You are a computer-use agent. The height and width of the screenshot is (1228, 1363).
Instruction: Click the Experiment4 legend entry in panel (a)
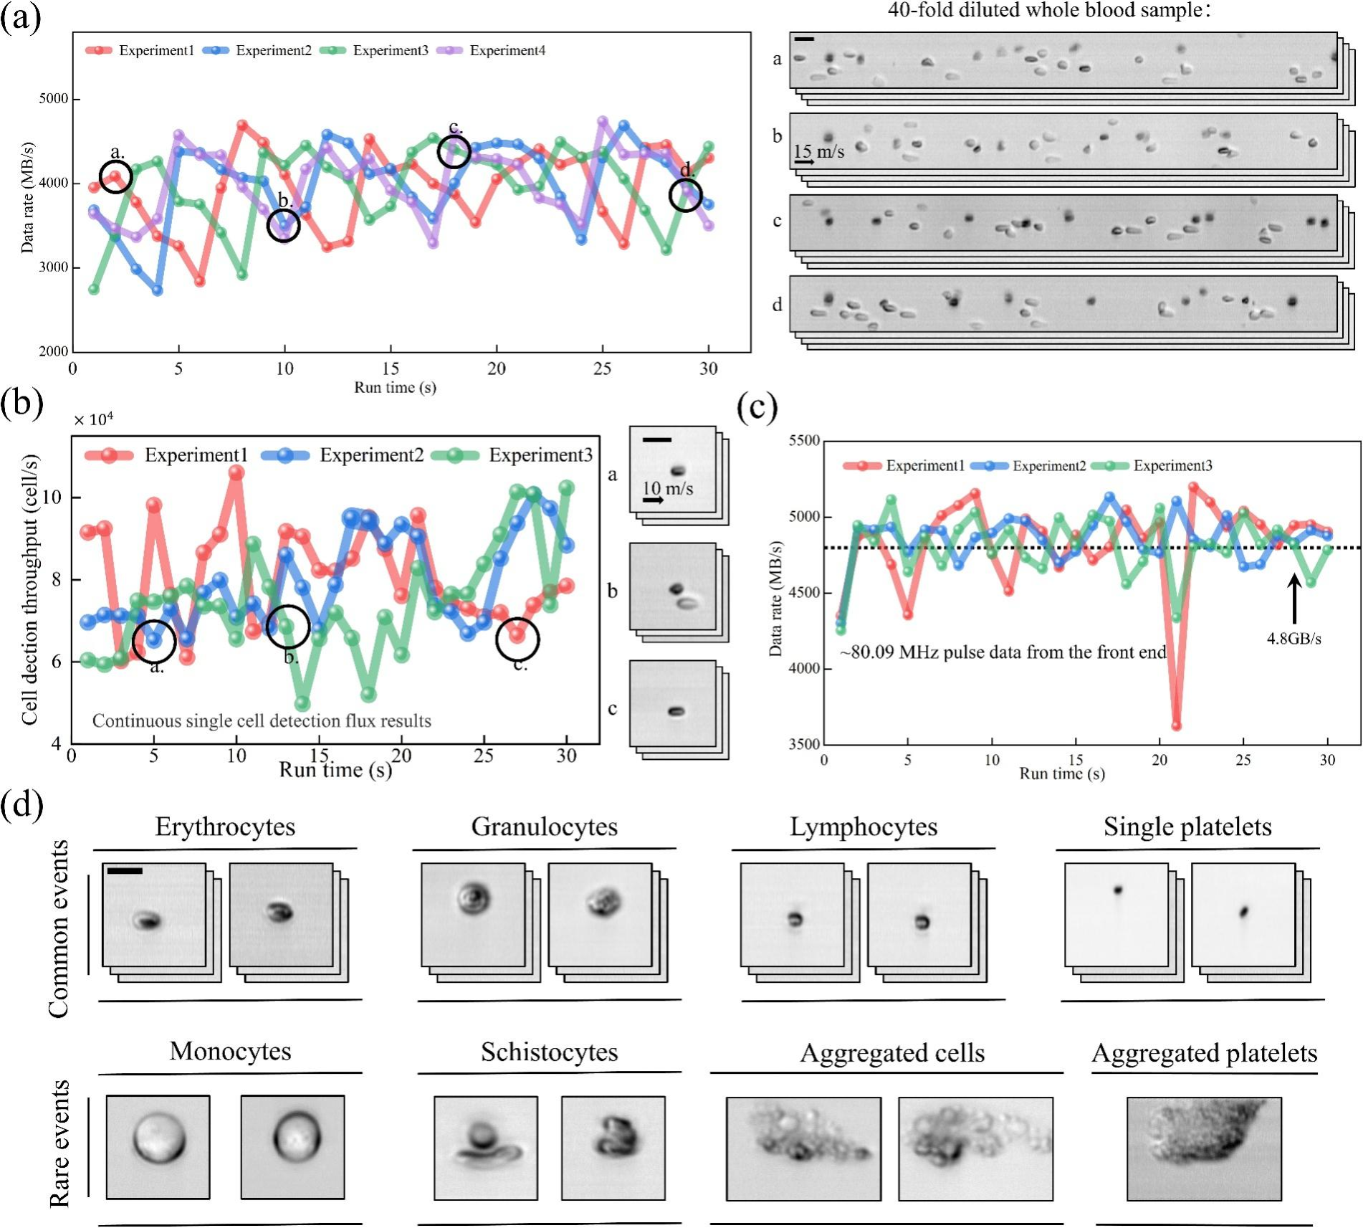[507, 50]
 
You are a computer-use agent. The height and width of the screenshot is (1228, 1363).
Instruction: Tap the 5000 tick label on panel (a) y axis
[54, 99]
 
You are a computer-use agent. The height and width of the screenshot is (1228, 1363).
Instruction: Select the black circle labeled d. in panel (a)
[686, 196]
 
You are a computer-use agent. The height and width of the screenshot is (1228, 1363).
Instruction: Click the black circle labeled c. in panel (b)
[517, 639]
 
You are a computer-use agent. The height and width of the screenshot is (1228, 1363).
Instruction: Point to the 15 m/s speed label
[818, 152]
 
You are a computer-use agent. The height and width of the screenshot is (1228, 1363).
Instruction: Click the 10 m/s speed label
[667, 489]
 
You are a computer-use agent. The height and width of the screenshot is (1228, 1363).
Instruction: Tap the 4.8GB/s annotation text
[1293, 639]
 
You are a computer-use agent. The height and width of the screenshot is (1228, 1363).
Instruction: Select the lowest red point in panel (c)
[1176, 725]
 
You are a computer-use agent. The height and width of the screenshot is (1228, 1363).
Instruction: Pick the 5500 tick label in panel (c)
[804, 441]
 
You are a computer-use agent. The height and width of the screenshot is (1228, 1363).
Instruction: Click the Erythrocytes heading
[225, 827]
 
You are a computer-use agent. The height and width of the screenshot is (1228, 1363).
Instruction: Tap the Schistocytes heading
[549, 1052]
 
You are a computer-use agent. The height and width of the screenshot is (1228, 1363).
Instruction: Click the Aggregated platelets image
[1204, 1148]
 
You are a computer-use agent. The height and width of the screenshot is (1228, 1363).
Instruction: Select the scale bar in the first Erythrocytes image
[125, 871]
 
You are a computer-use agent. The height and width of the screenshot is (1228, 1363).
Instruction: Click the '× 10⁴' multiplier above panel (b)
[94, 419]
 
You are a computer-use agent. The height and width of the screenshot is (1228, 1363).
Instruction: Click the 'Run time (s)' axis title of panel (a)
[395, 388]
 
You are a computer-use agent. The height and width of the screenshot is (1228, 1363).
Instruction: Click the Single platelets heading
[1187, 827]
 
